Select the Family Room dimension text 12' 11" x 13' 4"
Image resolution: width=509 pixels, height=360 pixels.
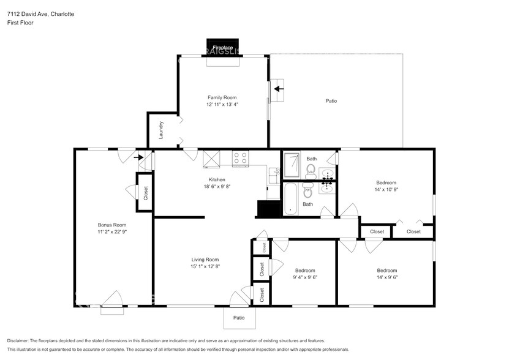[222, 105]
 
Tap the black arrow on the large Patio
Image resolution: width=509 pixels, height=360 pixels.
[279, 89]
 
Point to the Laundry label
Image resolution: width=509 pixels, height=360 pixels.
[161, 130]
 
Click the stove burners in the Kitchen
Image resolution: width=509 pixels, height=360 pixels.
[240, 159]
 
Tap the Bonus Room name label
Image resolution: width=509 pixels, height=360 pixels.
[111, 225]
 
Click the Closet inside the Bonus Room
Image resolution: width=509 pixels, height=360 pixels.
[145, 193]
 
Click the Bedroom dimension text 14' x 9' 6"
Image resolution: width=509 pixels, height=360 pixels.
[386, 277]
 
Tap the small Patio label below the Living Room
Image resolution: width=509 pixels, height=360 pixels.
[239, 318]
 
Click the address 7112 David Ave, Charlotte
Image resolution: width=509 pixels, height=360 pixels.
[40, 14]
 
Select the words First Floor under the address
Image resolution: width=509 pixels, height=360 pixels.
[20, 23]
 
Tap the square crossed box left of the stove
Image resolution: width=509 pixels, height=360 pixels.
[211, 159]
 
